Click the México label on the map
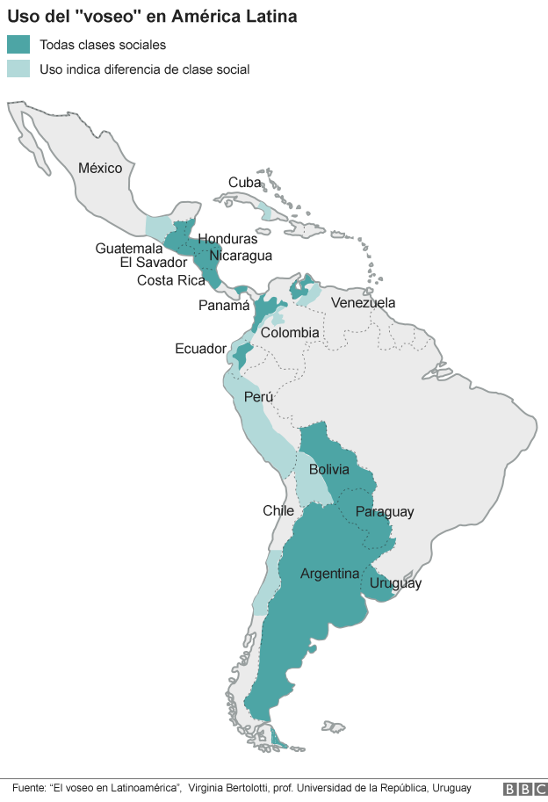(100, 168)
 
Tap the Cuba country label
(245, 183)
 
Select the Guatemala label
(129, 249)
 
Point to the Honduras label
(227, 239)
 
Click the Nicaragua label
(241, 256)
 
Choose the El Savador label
(154, 263)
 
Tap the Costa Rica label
(171, 280)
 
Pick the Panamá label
(224, 306)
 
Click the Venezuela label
(363, 303)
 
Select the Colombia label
(290, 333)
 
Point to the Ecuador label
(200, 349)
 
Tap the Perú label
(258, 397)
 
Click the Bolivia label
(328, 470)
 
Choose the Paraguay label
(384, 512)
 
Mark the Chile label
(278, 510)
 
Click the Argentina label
(329, 574)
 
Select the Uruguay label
(395, 583)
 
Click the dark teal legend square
(18, 45)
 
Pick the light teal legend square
(18, 69)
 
